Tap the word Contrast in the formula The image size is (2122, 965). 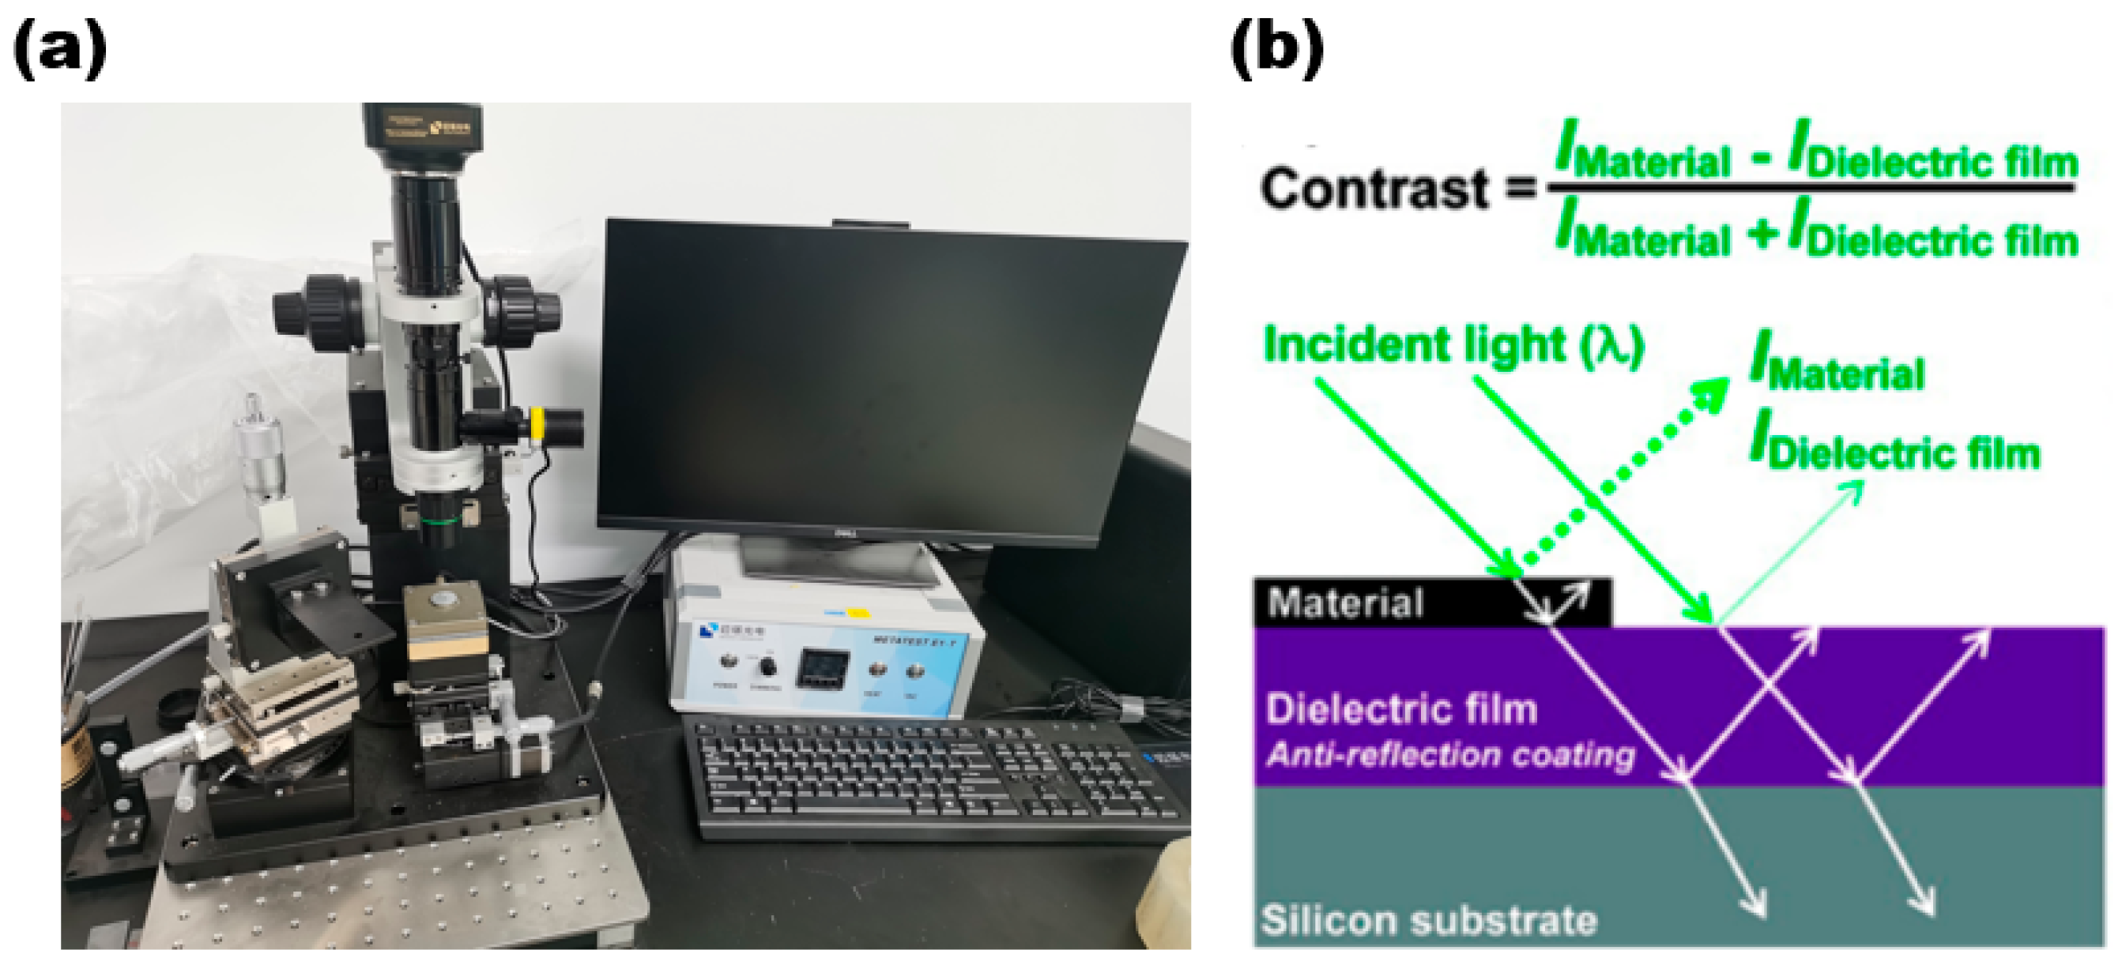pyautogui.click(x=1374, y=189)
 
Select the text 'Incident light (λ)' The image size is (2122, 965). pyautogui.click(x=1453, y=344)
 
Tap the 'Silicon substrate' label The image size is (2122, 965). pyautogui.click(x=1428, y=921)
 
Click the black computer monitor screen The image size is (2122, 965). pyautogui.click(x=890, y=379)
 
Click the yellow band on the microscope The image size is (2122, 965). pyautogui.click(x=537, y=424)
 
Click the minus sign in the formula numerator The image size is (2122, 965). pyautogui.click(x=1761, y=157)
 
